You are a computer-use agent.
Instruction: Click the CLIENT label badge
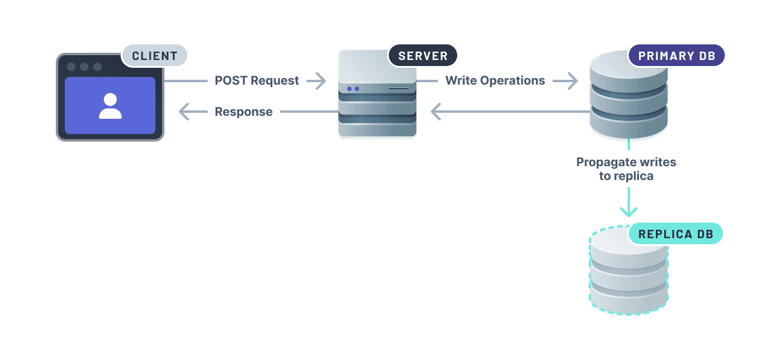155,56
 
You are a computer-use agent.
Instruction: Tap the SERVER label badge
423,56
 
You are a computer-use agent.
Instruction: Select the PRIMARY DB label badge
676,56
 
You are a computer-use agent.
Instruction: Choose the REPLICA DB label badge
676,234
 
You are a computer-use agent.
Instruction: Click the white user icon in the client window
110,106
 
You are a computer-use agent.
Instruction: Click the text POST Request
257,80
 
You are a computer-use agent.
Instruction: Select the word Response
244,112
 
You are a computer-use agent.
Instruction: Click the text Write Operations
495,80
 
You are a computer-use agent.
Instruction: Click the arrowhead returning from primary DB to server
437,112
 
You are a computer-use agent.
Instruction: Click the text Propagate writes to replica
626,169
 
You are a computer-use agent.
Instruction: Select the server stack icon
377,96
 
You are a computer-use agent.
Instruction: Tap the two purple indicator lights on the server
352,89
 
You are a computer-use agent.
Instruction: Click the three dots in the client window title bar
84,67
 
